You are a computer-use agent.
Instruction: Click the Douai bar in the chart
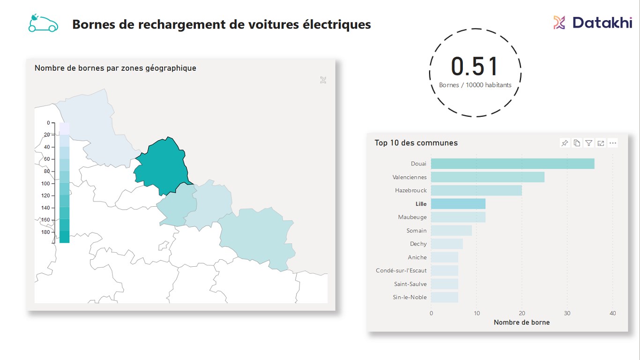[x=512, y=164]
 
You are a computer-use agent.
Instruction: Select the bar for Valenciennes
[x=487, y=177]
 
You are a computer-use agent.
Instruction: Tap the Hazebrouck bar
[x=476, y=190]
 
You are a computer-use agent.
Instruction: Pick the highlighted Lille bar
[x=458, y=204]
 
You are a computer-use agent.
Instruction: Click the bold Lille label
[x=421, y=204]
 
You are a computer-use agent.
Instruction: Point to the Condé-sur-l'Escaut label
[x=401, y=270]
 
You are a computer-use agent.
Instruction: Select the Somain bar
[x=451, y=231]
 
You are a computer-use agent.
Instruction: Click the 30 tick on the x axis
[x=567, y=313]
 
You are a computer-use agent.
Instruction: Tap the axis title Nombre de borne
[x=521, y=322]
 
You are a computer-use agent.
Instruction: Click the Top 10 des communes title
[x=416, y=143]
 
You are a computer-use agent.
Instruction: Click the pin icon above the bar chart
[x=565, y=143]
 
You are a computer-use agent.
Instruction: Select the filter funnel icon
[x=589, y=143]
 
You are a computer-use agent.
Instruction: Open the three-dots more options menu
[x=613, y=143]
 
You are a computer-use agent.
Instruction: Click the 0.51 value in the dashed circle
[x=475, y=67]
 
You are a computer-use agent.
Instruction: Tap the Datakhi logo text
[x=602, y=22]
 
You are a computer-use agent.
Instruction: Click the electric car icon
[x=43, y=23]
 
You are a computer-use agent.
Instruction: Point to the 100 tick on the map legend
[x=45, y=183]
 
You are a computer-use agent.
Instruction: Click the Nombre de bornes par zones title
[x=115, y=68]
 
